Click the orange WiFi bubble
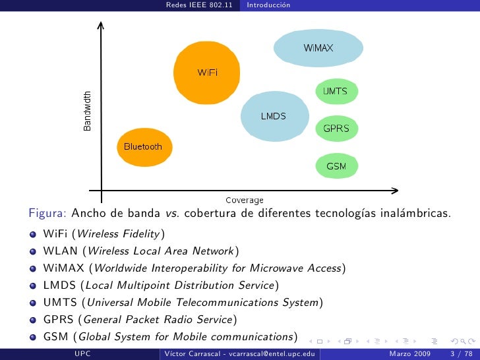[205, 72]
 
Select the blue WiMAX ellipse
[318, 47]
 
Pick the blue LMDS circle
[273, 116]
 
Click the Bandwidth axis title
[88, 110]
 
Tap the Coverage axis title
[244, 200]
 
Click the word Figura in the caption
[46, 214]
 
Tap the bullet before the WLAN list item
[32, 251]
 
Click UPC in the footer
[82, 354]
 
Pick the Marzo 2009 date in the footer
[410, 354]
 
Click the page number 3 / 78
[460, 354]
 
